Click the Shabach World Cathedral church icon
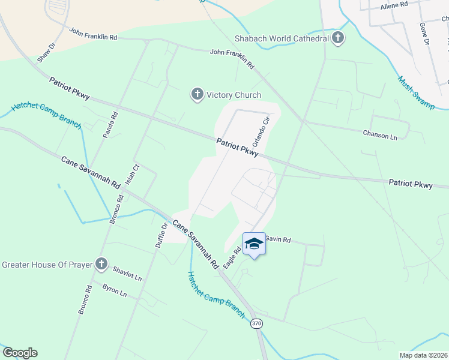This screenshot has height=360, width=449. coord(338,38)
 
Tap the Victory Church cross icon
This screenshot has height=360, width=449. coord(196,95)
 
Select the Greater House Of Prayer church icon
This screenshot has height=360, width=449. coord(101,264)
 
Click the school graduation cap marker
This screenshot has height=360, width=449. coord(254,244)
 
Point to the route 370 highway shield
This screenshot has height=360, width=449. coord(257,324)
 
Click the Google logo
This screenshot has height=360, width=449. coord(20,353)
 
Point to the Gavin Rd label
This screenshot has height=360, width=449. coord(278,240)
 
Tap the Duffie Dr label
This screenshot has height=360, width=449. coord(160,236)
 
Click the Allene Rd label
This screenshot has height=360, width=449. coord(394,4)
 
